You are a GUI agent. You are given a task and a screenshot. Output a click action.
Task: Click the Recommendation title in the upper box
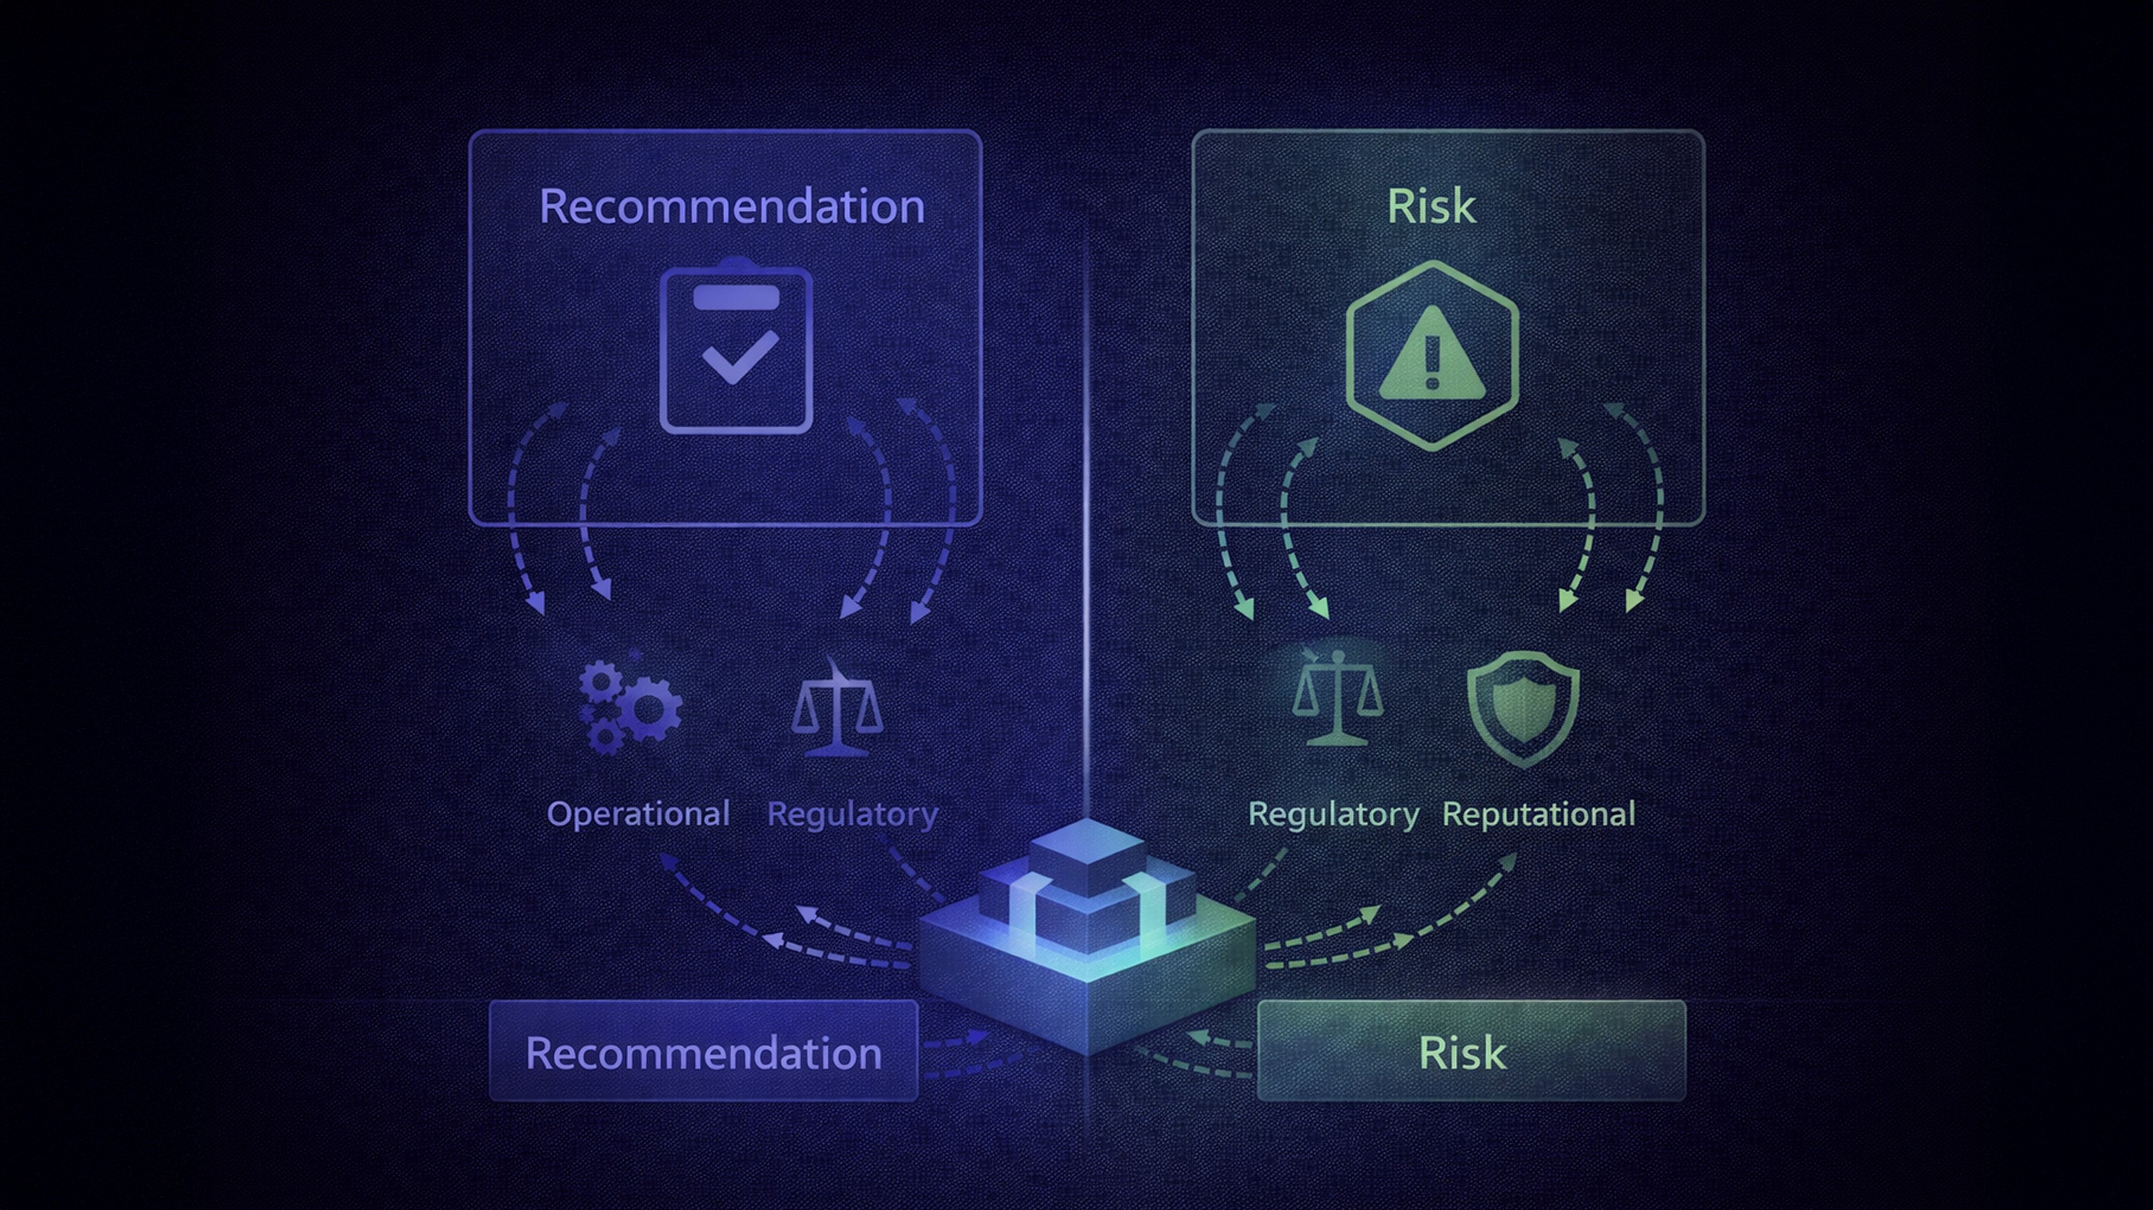pos(731,207)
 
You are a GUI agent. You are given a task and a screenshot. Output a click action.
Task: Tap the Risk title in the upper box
pos(1431,207)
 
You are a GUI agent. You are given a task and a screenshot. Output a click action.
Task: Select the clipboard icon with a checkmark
pos(735,348)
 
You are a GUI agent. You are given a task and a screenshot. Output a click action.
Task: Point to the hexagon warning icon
pos(1432,355)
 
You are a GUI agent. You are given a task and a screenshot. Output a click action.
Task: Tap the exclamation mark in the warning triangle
pos(1432,360)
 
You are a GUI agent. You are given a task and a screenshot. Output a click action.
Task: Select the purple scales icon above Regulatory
pos(836,710)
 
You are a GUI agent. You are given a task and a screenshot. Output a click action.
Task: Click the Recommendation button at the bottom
pos(703,1051)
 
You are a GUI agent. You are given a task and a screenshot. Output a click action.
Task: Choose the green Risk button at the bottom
pos(1471,1051)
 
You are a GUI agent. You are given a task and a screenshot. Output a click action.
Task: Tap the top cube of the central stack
pos(1087,854)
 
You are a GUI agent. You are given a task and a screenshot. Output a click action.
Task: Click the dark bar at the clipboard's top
pos(735,297)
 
